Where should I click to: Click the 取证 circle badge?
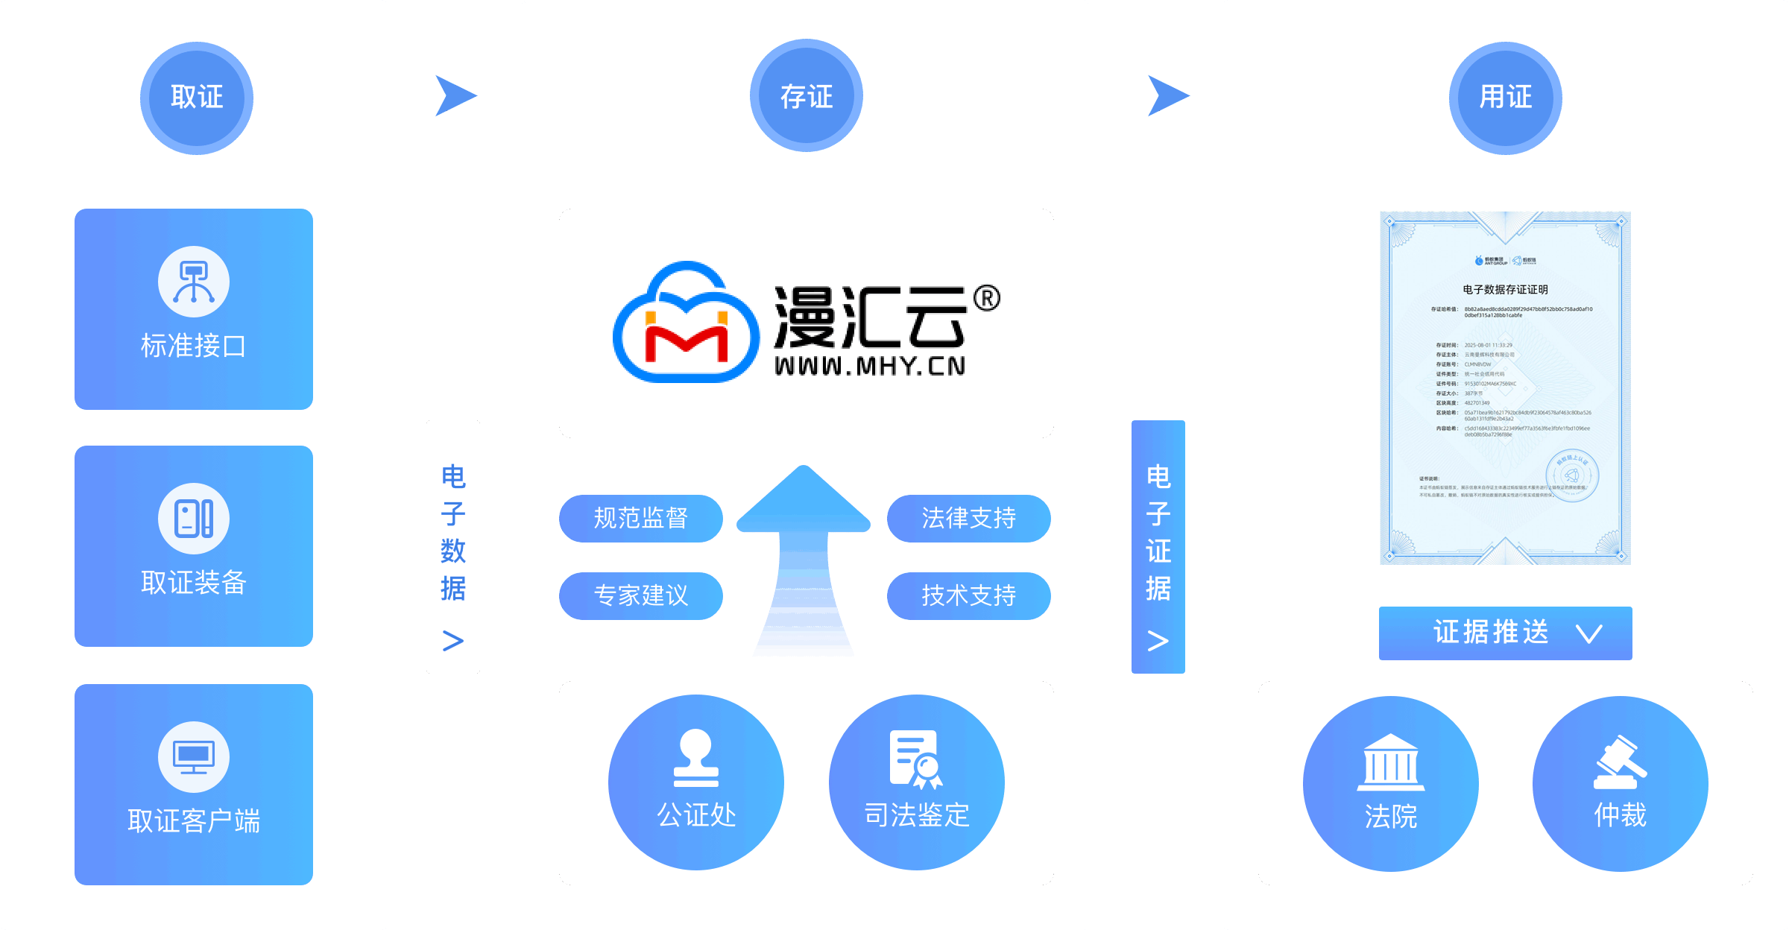coord(197,98)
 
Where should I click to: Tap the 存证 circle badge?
coord(806,96)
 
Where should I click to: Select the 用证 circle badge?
coord(1505,98)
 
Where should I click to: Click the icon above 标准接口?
coord(194,282)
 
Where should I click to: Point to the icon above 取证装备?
coord(194,519)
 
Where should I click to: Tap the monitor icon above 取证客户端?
coord(194,756)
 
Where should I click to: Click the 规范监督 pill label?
coord(641,518)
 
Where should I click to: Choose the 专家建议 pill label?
coord(641,595)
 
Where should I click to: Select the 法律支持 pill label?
coord(968,518)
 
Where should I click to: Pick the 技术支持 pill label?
coord(968,595)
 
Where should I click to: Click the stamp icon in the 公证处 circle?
coord(695,759)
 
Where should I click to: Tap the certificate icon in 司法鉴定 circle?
coord(916,759)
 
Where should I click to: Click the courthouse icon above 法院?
coord(1390,762)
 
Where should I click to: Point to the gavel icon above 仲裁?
coord(1620,762)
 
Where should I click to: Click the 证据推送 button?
coord(1505,633)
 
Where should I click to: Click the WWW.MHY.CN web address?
coord(870,367)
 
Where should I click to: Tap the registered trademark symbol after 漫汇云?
coord(987,299)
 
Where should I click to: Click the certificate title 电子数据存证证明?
coord(1505,290)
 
